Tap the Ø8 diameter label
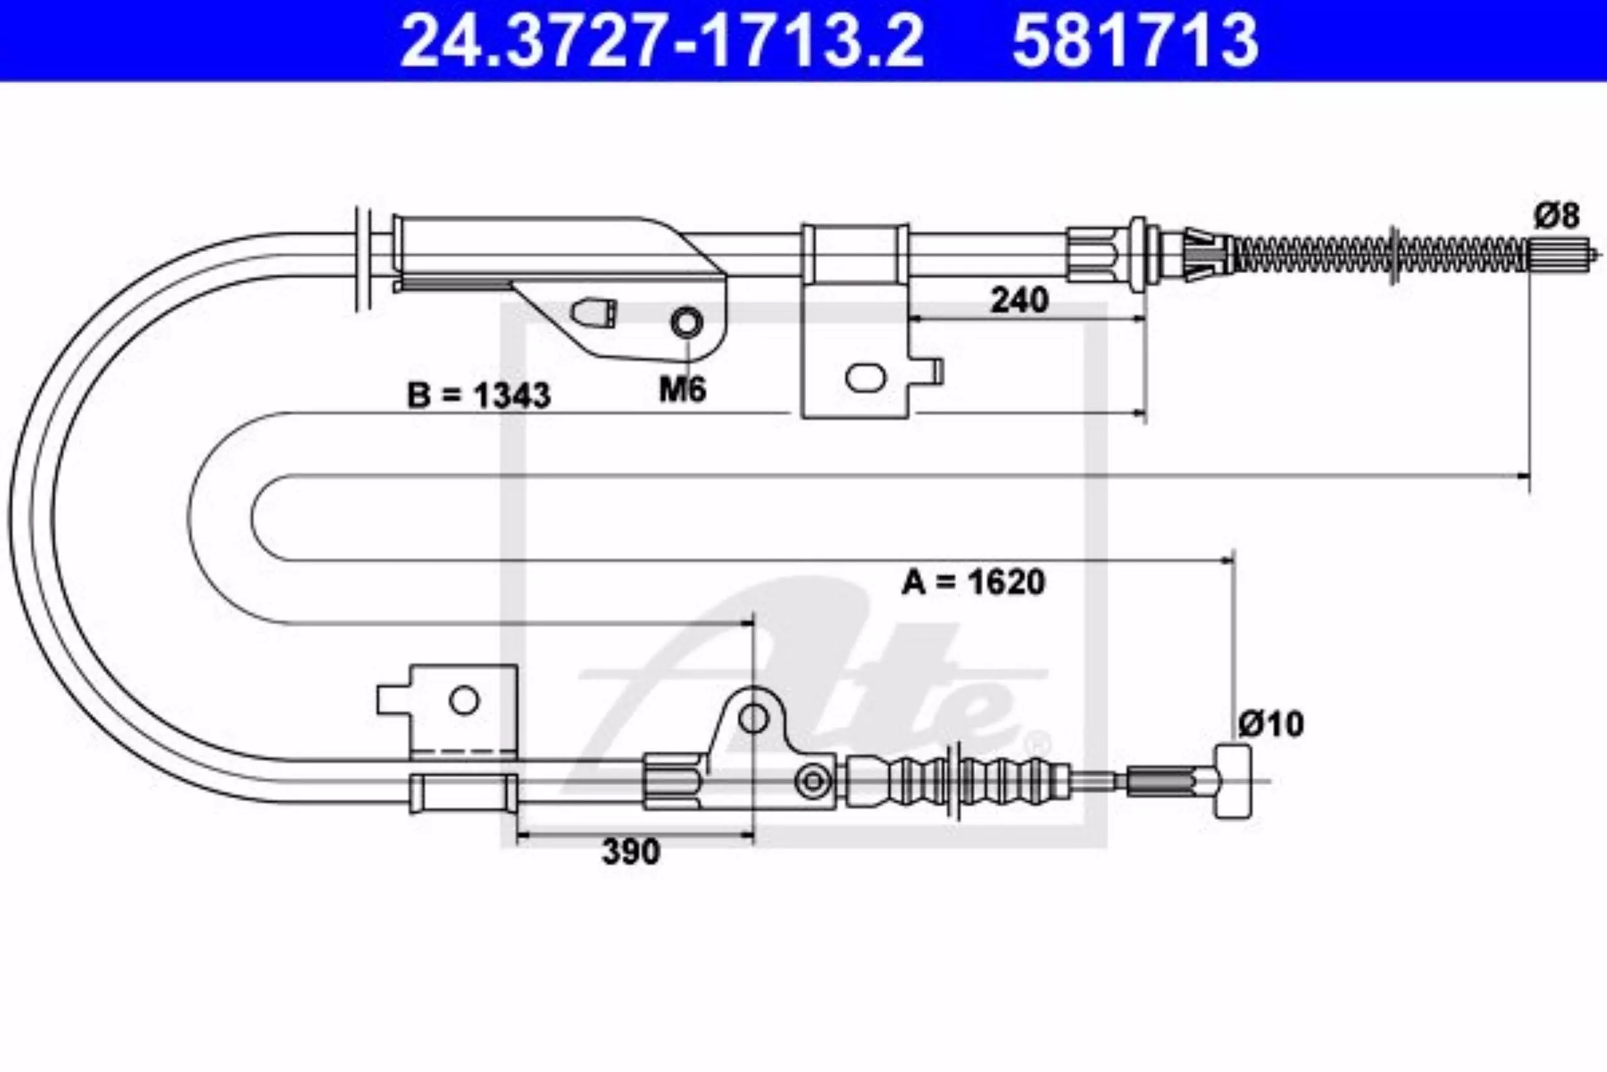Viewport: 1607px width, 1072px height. (1557, 215)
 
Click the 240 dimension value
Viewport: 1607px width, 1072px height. (1019, 300)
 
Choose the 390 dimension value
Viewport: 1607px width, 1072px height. (631, 852)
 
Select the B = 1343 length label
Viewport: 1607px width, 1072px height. (478, 395)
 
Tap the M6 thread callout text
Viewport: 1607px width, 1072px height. (682, 391)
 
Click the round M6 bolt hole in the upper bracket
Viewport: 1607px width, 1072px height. (687, 322)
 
